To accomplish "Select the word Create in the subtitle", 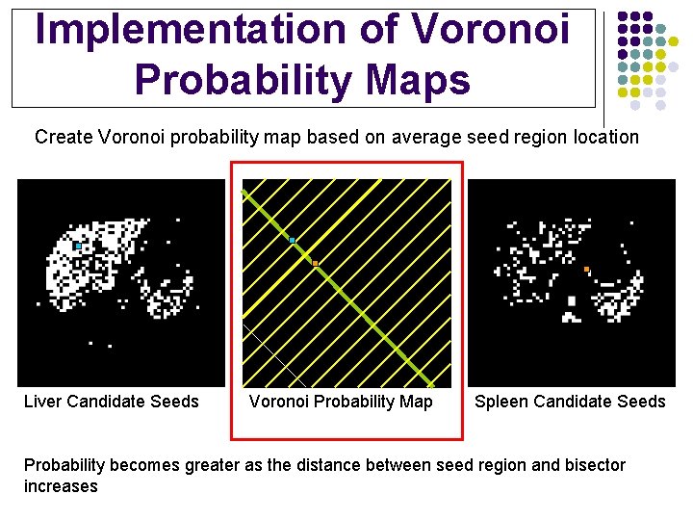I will pyautogui.click(x=64, y=137).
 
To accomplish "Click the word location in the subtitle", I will pyautogui.click(x=603, y=137).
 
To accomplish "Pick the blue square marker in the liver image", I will pyautogui.click(x=78, y=246).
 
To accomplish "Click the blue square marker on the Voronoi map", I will pyautogui.click(x=292, y=240).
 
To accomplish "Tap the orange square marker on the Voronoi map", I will pyautogui.click(x=315, y=263).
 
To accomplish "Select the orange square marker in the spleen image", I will pyautogui.click(x=586, y=269).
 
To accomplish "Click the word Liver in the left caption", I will pyautogui.click(x=43, y=402).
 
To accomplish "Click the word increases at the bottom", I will pyautogui.click(x=61, y=486).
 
